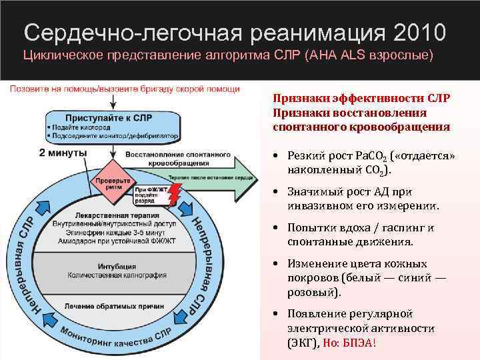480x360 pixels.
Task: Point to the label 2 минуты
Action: pos(63,152)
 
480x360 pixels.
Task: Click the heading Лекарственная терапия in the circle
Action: pos(117,217)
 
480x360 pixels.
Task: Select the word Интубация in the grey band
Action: pos(117,266)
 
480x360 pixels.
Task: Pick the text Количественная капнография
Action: pos(117,274)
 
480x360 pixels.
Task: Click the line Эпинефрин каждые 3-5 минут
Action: pos(117,233)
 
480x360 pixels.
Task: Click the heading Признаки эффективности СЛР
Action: pos(361,97)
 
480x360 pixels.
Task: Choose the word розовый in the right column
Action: pos(312,292)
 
